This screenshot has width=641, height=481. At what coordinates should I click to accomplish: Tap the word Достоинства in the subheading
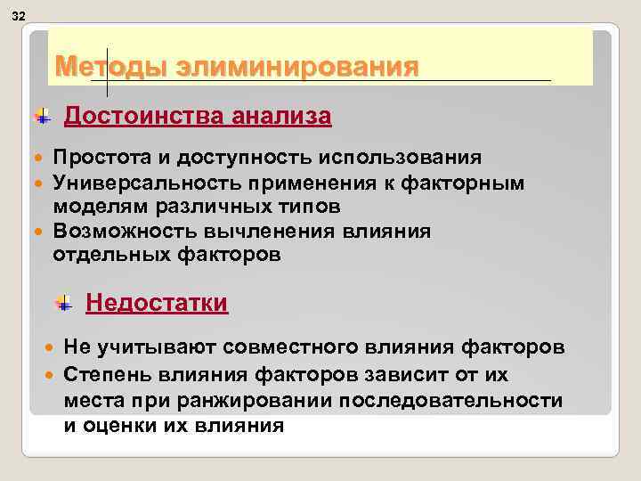tap(144, 117)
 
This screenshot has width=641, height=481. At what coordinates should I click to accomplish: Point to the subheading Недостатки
tap(157, 304)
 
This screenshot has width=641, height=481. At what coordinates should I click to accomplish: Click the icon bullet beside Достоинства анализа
tap(42, 117)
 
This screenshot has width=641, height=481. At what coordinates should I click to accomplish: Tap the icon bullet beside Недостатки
tap(63, 304)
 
